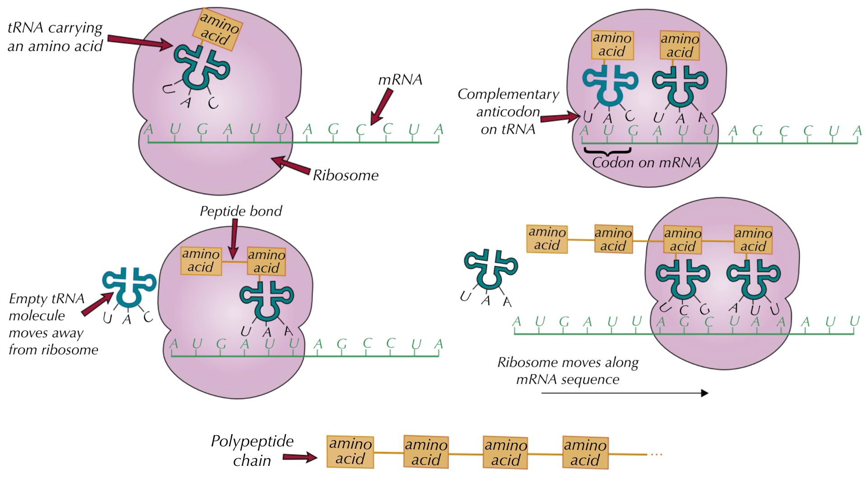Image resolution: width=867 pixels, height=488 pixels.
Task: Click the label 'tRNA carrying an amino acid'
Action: click(x=55, y=37)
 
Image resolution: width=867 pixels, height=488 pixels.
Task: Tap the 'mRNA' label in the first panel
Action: click(x=400, y=80)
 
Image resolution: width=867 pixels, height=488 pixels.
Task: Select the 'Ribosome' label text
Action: click(x=345, y=175)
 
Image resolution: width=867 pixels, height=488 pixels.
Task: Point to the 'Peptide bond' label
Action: click(x=241, y=211)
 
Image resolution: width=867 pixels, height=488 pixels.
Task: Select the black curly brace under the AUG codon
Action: click(x=607, y=151)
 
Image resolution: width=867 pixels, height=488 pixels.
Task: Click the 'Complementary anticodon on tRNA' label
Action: click(x=508, y=112)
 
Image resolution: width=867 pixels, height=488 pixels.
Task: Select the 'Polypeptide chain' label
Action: click(x=252, y=450)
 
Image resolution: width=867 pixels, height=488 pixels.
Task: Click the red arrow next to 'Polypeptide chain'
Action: click(x=300, y=457)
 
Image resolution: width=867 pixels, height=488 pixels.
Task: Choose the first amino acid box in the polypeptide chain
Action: click(x=350, y=451)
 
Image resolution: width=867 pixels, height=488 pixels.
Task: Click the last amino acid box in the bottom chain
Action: click(x=585, y=452)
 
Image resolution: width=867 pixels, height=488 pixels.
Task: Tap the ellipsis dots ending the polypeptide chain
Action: click(x=656, y=454)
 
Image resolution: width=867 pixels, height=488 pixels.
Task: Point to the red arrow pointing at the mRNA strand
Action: click(x=382, y=107)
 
